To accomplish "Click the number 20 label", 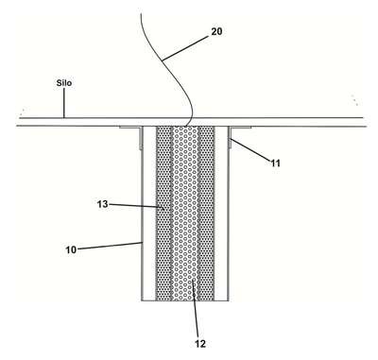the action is [x=216, y=31].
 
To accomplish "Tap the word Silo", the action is [x=64, y=83].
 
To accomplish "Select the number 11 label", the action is [x=275, y=163].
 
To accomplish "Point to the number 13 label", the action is [x=103, y=204].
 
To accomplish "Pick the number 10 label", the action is [x=71, y=249].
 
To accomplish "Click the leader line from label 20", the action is [x=185, y=47].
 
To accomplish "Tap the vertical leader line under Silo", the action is [x=64, y=103].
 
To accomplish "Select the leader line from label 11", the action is [x=250, y=149].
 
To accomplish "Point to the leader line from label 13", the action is [x=136, y=206].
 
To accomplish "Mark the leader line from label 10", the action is [x=110, y=246].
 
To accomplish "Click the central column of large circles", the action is [x=185, y=214].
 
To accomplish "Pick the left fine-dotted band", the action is [x=163, y=214].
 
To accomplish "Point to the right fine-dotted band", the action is [x=207, y=214].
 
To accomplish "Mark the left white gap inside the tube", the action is [x=149, y=214].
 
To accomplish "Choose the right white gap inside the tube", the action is [x=221, y=214].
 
